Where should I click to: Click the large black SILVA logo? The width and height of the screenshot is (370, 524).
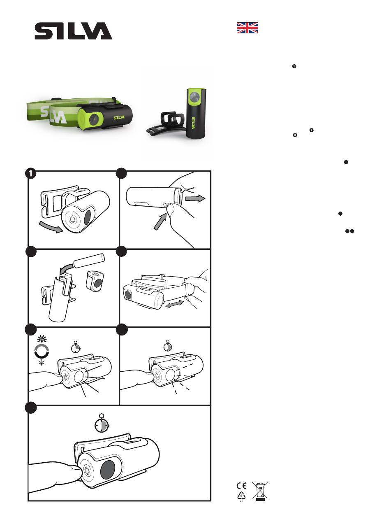(x=73, y=30)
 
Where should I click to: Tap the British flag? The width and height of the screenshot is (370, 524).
(x=247, y=28)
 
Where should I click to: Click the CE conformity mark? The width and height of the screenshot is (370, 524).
(x=241, y=486)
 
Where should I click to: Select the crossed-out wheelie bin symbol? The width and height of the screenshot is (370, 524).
(x=260, y=491)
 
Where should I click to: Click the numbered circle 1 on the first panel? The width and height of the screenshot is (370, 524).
(x=30, y=174)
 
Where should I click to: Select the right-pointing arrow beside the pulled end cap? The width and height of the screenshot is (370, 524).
(x=195, y=198)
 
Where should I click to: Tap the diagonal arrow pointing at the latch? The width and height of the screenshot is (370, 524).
(x=160, y=221)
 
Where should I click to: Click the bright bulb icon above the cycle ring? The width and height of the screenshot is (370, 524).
(x=42, y=339)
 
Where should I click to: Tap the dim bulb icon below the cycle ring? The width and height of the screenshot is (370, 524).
(x=42, y=362)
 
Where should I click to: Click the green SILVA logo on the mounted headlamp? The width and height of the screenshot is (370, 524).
(x=119, y=117)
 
